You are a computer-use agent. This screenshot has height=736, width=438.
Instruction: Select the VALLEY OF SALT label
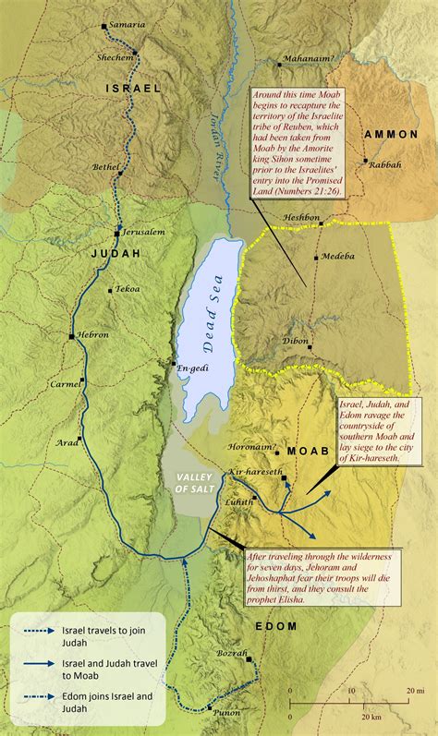point(189,483)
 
